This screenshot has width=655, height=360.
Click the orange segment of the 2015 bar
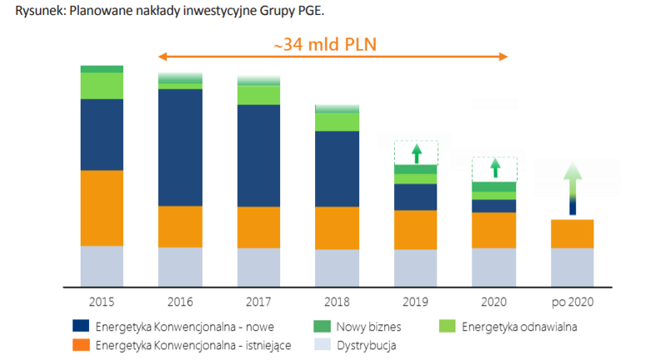click(102, 207)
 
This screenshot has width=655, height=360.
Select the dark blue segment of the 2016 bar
click(180, 147)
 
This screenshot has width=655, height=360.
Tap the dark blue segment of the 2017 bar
click(258, 155)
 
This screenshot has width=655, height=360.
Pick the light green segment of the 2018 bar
click(337, 122)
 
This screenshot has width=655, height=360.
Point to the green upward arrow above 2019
click(416, 153)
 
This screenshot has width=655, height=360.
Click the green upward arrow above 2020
click(494, 167)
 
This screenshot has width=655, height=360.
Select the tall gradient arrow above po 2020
click(572, 189)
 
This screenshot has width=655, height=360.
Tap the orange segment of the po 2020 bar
click(572, 233)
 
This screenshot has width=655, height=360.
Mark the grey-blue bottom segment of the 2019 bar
click(416, 267)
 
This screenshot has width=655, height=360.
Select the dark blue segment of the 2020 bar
click(494, 206)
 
